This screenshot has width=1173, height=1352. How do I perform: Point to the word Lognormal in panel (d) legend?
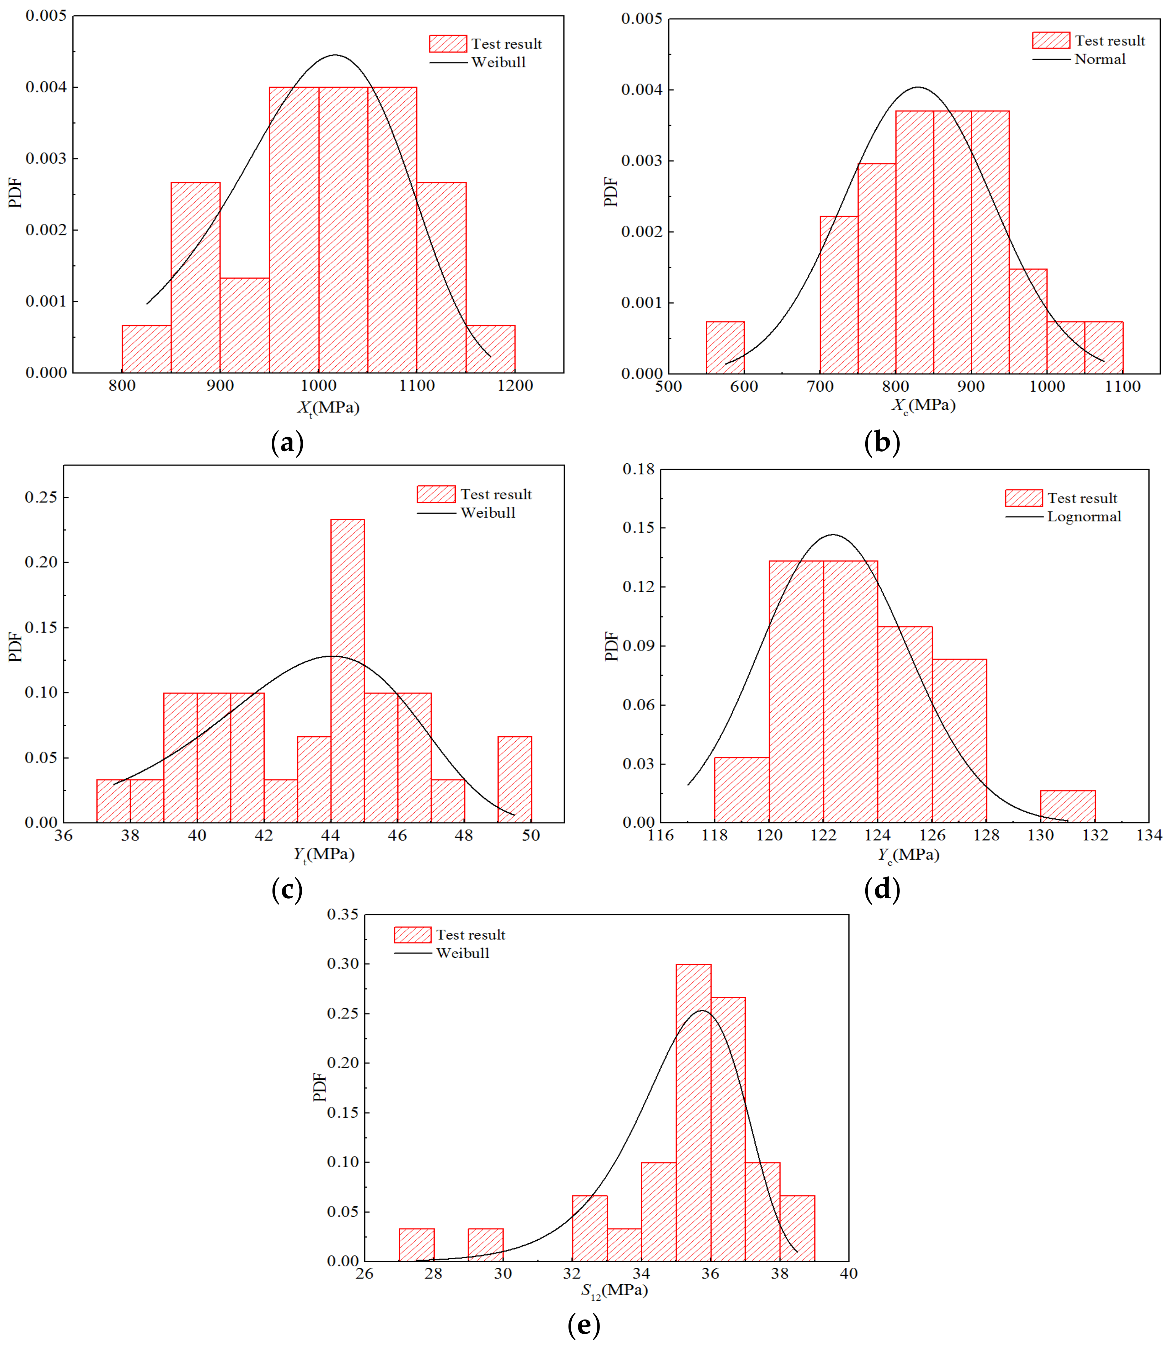(1084, 517)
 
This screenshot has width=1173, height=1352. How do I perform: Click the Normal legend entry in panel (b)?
(1100, 59)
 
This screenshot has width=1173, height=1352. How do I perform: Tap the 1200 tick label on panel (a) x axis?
(515, 386)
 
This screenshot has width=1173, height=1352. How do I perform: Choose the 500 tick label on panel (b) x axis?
(668, 386)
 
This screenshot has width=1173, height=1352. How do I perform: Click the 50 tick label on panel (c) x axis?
(531, 835)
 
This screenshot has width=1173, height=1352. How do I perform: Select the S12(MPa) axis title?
(614, 1290)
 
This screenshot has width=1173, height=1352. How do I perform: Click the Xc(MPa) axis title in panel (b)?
(923, 405)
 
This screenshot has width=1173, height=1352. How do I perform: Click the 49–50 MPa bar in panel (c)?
(515, 779)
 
